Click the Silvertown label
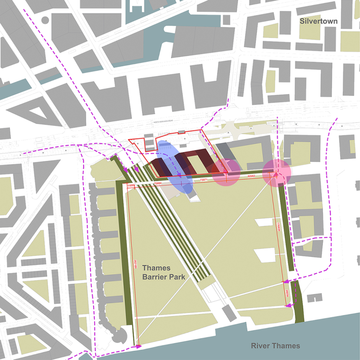tap(319, 21)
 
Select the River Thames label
tap(275, 346)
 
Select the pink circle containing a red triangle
tap(277, 173)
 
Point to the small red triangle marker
tap(275, 175)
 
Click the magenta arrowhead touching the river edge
tap(137, 347)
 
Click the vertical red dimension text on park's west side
tap(136, 264)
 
